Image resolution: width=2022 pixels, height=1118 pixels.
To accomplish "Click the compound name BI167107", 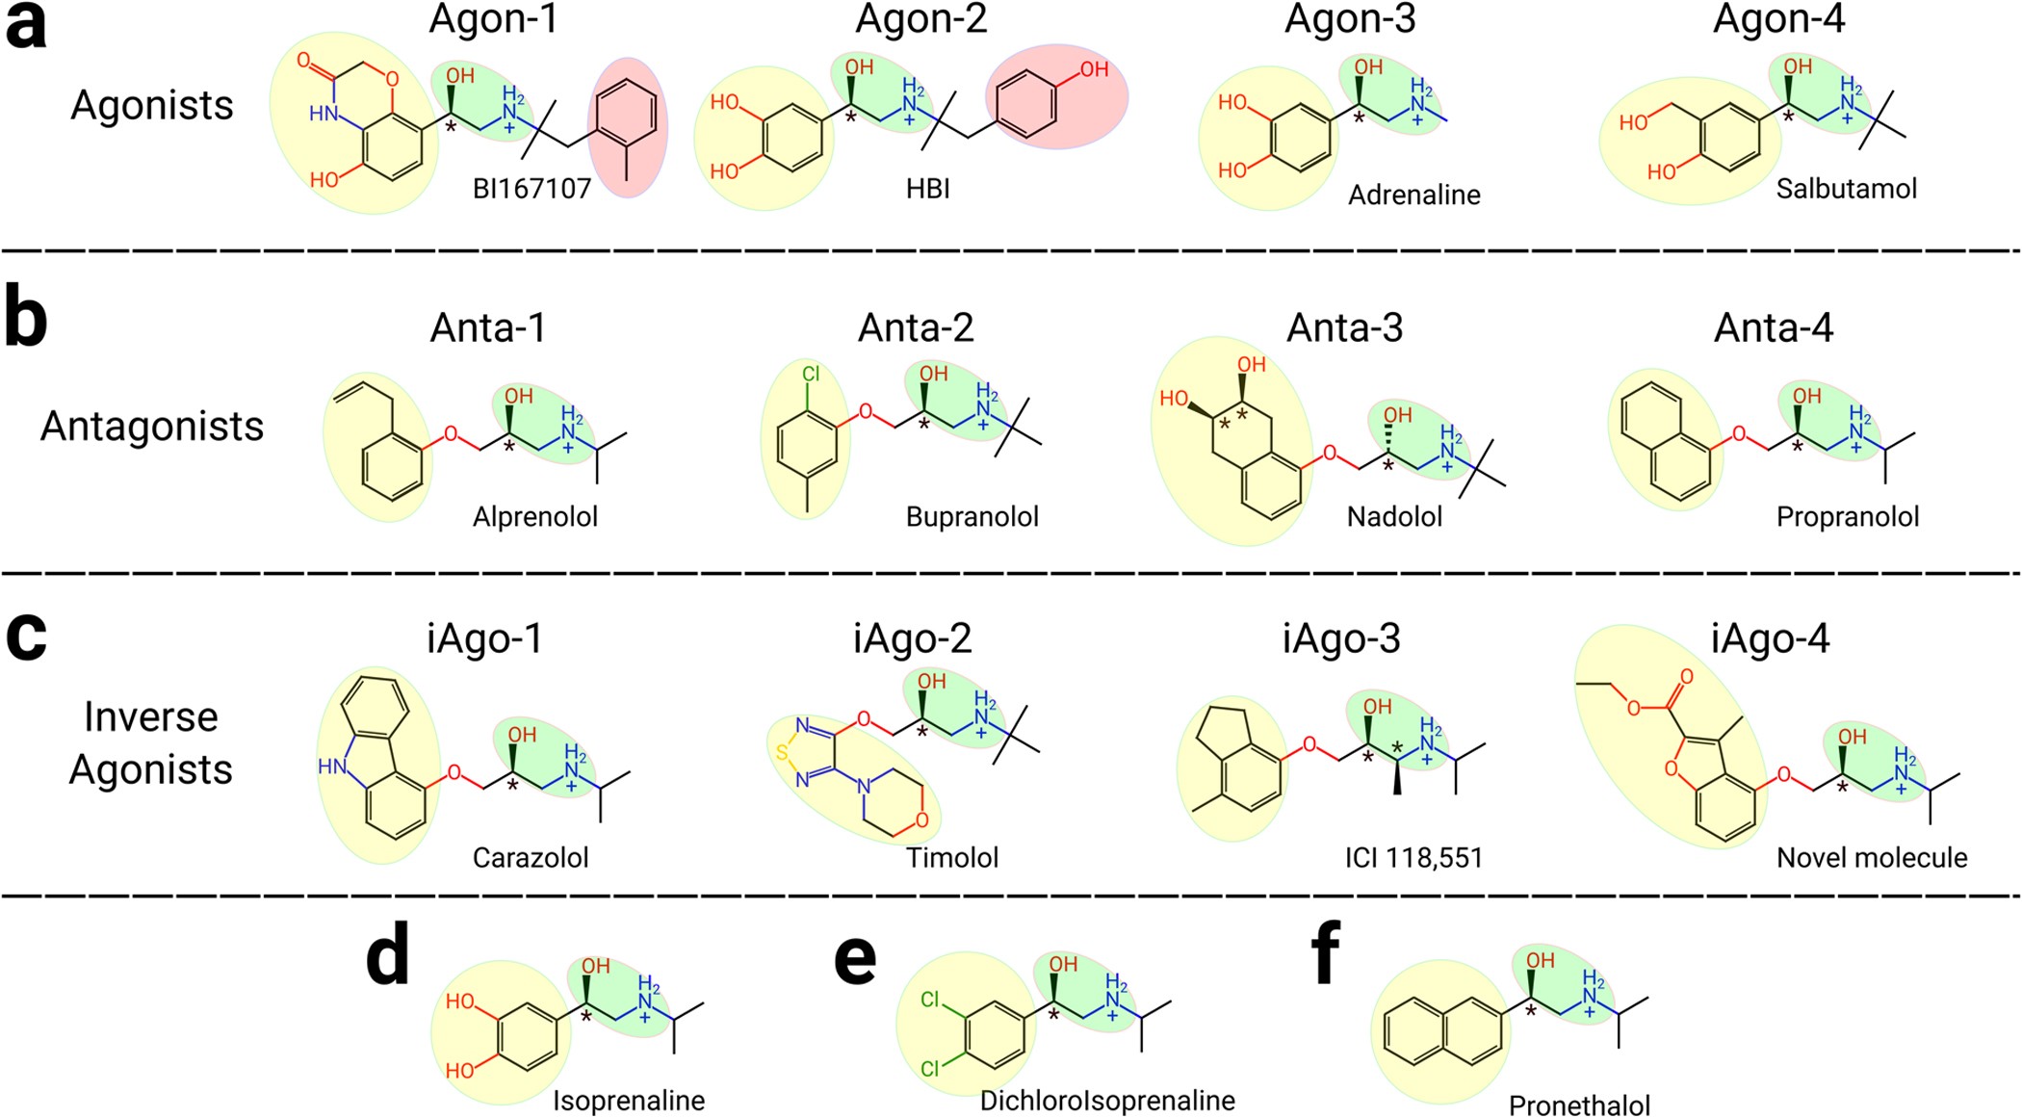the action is click(x=531, y=189).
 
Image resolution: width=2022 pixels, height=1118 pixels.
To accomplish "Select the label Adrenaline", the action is click(x=1413, y=195).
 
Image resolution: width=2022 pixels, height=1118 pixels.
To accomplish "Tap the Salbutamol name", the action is click(x=1846, y=189).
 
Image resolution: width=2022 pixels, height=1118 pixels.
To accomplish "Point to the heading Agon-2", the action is click(x=920, y=19).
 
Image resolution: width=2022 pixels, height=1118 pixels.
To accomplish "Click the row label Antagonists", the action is click(x=152, y=426).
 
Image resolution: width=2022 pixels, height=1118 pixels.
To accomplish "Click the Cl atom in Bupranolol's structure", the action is click(x=810, y=373).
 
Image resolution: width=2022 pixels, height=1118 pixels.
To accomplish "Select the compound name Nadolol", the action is click(x=1394, y=517).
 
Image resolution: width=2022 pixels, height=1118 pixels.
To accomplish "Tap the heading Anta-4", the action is click(x=1773, y=328).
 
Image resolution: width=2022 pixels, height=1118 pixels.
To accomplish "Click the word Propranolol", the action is click(x=1847, y=517).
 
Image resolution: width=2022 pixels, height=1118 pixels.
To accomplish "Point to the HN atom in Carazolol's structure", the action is click(x=332, y=767).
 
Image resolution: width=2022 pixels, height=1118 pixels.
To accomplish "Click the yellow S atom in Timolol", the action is click(x=782, y=751).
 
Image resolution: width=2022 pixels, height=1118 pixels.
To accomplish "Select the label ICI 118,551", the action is click(x=1413, y=857).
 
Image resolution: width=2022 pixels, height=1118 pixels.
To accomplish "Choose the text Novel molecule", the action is click(x=1871, y=857).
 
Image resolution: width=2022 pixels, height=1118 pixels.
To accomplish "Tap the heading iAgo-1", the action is click(x=484, y=638).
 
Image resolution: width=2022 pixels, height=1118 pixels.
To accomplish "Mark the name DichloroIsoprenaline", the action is click(x=1107, y=1101).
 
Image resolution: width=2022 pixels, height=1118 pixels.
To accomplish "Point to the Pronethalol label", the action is click(x=1579, y=1105).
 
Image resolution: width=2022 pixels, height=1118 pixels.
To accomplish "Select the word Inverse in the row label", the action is click(x=151, y=716).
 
